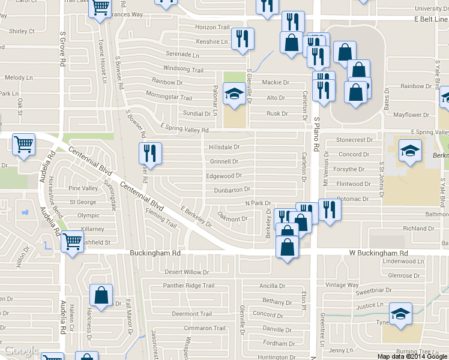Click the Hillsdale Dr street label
click(x=224, y=147)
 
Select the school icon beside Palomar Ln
click(x=235, y=94)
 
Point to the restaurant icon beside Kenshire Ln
click(x=243, y=39)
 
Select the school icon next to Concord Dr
click(x=410, y=151)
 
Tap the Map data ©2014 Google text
click(x=412, y=356)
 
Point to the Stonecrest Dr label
click(x=355, y=140)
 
